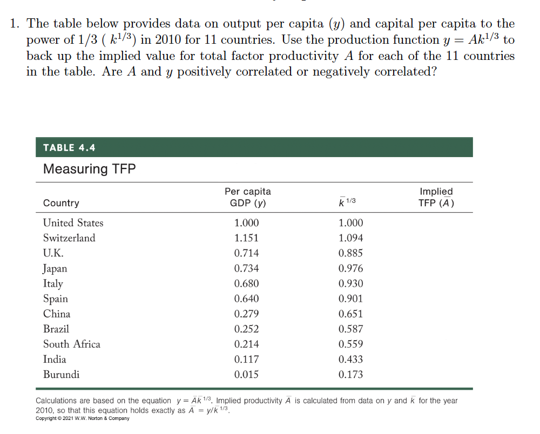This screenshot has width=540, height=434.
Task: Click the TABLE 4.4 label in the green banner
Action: [x=69, y=147]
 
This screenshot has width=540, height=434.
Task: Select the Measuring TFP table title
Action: [x=89, y=169]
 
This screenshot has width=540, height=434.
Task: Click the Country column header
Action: [x=61, y=203]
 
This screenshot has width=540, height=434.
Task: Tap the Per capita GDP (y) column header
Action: [x=247, y=197]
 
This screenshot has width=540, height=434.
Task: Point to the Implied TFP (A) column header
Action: [x=436, y=197]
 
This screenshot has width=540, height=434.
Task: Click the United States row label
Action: [x=73, y=222]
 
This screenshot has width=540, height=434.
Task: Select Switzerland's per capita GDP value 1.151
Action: [x=246, y=238]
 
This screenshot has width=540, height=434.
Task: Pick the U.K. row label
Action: [x=53, y=253]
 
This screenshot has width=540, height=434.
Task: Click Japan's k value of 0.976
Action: [x=350, y=268]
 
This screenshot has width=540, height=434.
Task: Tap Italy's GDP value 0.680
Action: [x=246, y=283]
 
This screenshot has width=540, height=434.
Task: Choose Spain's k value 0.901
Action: [x=350, y=299]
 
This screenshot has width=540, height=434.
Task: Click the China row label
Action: [x=57, y=314]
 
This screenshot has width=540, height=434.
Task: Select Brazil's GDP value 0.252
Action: [x=246, y=329]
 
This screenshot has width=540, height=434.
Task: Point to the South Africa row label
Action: [x=72, y=344]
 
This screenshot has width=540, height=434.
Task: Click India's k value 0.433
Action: [x=350, y=359]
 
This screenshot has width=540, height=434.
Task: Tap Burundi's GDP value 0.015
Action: [x=246, y=374]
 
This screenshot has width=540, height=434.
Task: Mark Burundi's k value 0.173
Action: [x=350, y=374]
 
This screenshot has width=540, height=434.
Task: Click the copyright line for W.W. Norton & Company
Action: [x=83, y=419]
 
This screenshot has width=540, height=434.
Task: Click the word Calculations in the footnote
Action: [x=58, y=401]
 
